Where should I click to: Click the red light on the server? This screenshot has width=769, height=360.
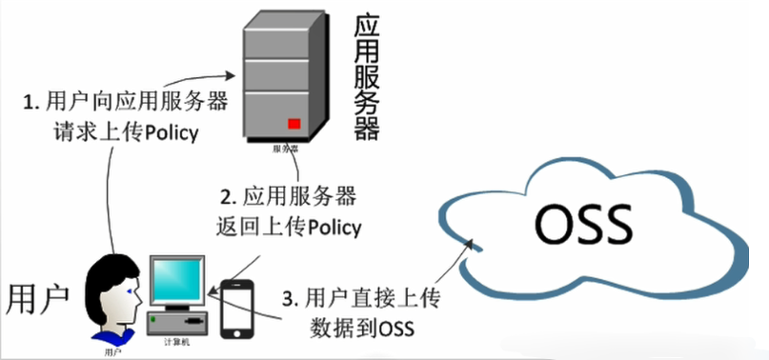(x=294, y=123)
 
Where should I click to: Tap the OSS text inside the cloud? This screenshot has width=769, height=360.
(x=583, y=225)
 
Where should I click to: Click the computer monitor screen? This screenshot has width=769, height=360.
(x=177, y=280)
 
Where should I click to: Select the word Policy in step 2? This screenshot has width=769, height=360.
(x=332, y=227)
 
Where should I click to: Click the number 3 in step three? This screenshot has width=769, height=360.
(x=287, y=300)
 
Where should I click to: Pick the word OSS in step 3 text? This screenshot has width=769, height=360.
(x=397, y=329)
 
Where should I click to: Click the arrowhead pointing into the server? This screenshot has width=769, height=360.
(x=230, y=74)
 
